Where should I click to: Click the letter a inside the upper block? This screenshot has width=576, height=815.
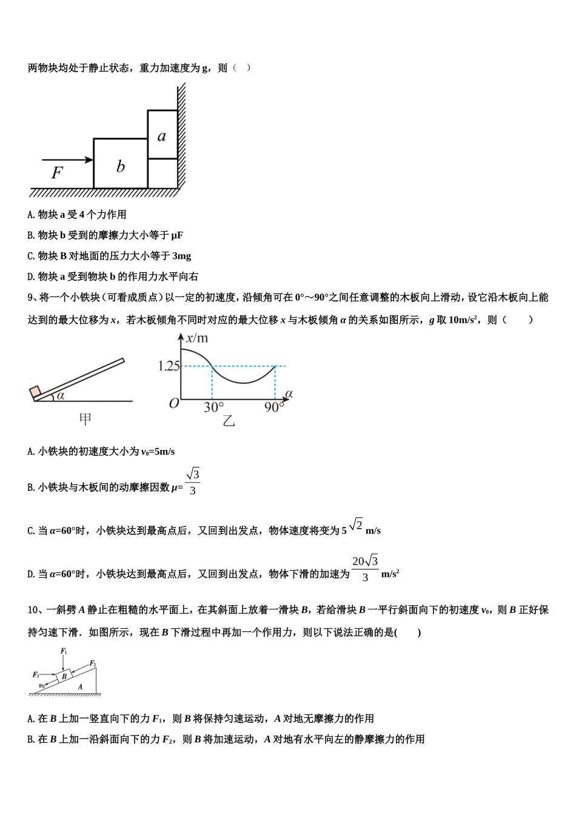tap(162, 136)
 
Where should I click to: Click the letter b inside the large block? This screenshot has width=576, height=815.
tap(121, 166)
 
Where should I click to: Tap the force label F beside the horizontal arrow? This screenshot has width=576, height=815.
tap(56, 173)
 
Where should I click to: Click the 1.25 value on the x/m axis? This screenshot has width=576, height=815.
tap(169, 366)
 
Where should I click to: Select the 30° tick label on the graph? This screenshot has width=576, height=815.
tap(213, 407)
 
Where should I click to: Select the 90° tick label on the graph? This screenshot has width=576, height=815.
tap(274, 407)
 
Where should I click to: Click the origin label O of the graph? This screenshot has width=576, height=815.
tap(174, 403)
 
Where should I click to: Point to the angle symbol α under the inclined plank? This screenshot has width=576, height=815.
tap(60, 396)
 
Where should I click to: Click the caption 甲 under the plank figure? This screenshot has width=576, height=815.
tap(85, 419)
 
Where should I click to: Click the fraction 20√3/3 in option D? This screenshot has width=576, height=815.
tap(365, 568)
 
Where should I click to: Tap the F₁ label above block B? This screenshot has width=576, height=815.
tap(64, 652)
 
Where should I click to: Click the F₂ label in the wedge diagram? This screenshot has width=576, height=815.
tap(93, 663)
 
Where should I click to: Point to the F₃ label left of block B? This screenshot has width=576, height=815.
tap(36, 674)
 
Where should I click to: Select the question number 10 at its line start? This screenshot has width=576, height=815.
tap(33, 610)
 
